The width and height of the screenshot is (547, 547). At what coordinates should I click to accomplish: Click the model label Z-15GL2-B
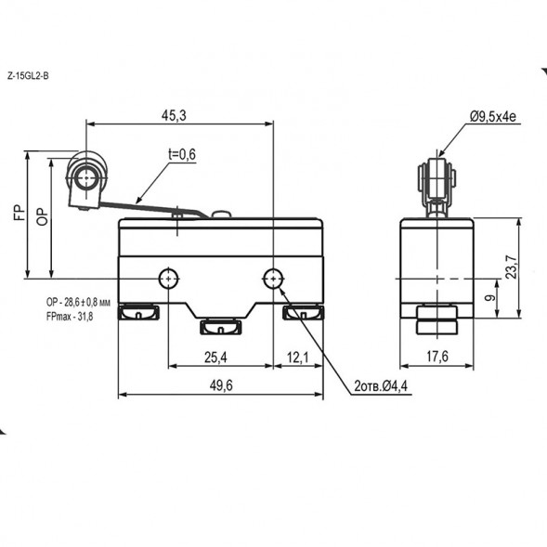[x=27, y=75]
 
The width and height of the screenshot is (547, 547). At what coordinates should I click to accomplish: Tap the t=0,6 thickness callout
[x=181, y=155]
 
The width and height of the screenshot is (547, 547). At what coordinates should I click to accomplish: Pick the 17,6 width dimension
[x=436, y=356]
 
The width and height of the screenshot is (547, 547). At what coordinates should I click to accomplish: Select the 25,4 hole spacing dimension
[x=219, y=356]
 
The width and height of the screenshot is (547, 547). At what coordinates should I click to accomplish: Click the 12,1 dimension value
[x=297, y=356]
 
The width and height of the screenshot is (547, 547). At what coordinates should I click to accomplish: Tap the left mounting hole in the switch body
[x=168, y=277]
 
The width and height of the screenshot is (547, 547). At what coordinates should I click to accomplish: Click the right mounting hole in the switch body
[x=273, y=277]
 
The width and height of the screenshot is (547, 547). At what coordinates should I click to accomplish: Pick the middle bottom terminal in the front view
[x=220, y=326]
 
